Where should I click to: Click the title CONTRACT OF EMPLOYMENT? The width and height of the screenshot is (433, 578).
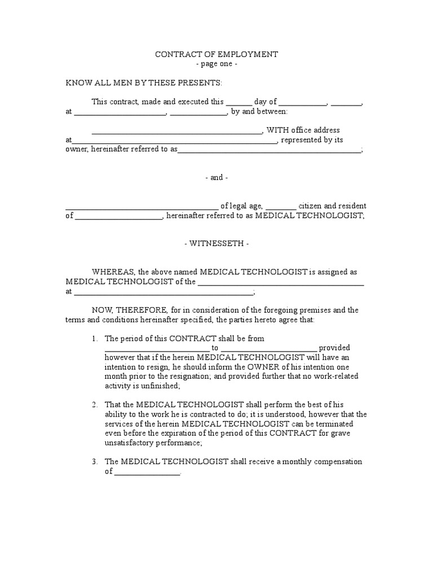[216, 55]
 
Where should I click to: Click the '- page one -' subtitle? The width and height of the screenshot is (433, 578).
[216, 64]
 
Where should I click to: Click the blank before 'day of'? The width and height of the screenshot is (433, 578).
[238, 103]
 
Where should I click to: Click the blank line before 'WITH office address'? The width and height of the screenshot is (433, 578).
[176, 131]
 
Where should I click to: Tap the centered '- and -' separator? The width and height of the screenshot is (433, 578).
[216, 177]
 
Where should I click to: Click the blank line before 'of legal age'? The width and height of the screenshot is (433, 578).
[142, 207]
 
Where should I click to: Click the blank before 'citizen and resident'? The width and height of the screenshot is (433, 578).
[280, 207]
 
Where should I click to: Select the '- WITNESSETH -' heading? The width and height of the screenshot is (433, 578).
[216, 244]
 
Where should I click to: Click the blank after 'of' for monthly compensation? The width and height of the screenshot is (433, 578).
[147, 472]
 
